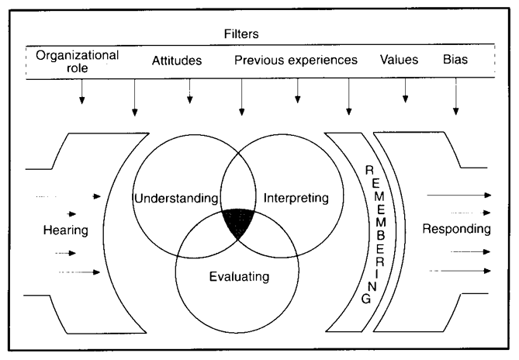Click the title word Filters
point(260,36)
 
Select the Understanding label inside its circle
point(176,199)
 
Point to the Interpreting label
point(297,199)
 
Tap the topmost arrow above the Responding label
point(473,195)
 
